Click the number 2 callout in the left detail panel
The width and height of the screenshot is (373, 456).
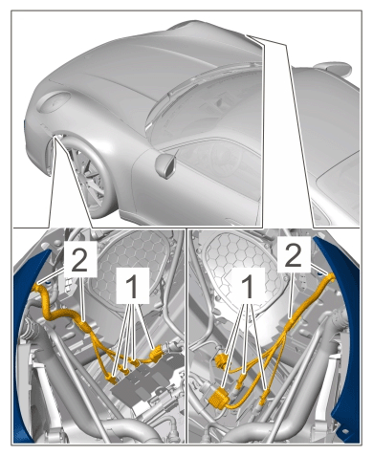[79, 260]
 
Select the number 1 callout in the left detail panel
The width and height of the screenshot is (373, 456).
[132, 286]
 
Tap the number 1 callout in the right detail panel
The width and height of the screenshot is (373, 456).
[248, 286]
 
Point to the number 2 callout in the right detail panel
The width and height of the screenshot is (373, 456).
[294, 255]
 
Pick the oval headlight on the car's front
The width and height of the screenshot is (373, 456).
[54, 101]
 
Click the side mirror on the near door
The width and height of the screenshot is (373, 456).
[166, 165]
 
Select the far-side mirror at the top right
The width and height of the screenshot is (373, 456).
[333, 69]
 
